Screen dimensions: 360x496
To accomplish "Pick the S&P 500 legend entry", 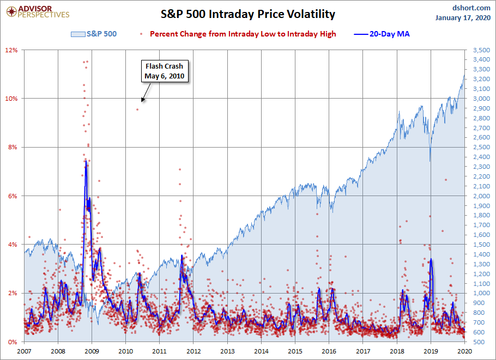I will coord(93,34).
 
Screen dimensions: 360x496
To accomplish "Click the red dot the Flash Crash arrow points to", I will coord(137,109).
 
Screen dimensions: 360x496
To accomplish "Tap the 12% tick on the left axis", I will coord(12,50).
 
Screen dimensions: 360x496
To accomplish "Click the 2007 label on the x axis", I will coord(25,351).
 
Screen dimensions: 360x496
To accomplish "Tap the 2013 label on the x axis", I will coord(227,351).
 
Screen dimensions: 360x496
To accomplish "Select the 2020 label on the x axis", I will coord(464,351).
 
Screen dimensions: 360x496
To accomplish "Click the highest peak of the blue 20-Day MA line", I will coord(86,160).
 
